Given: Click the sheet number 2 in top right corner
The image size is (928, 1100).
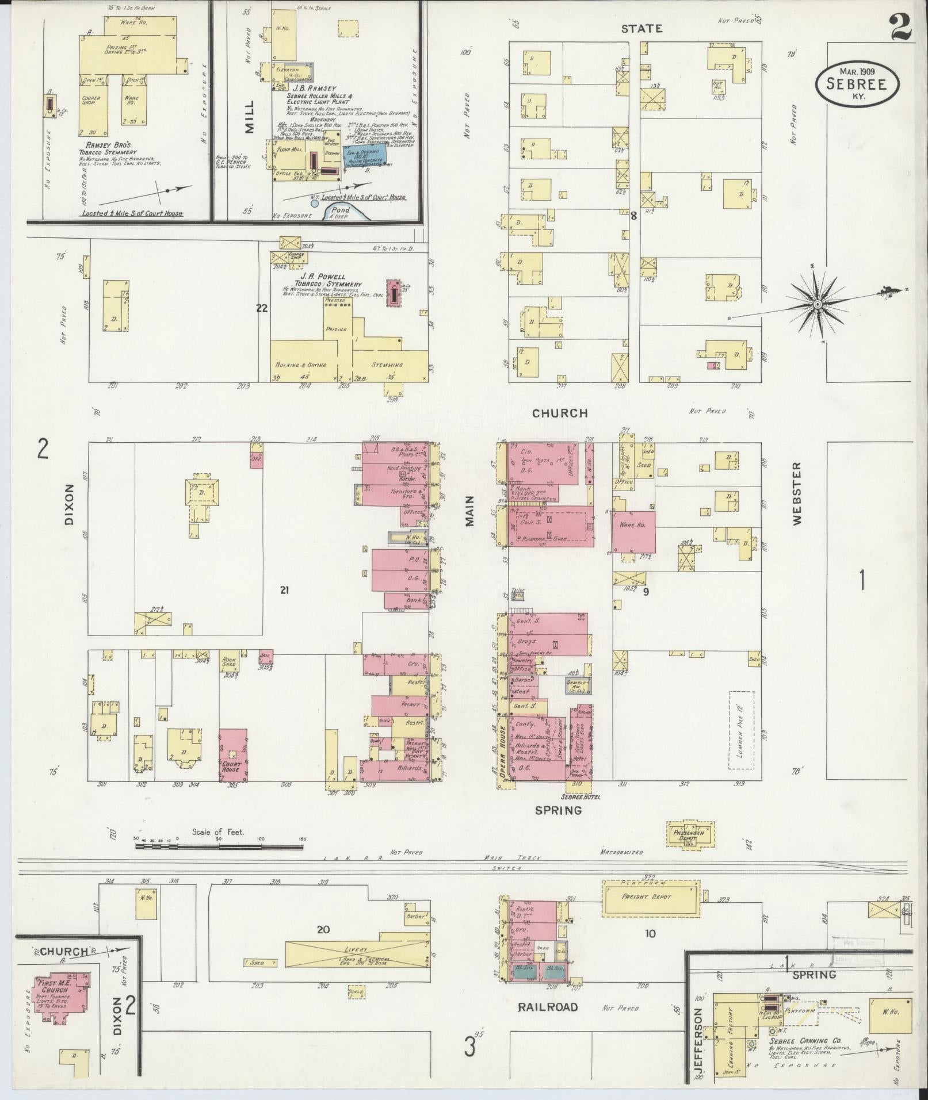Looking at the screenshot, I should (901, 27).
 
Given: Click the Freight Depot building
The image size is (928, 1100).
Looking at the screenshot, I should (650, 896).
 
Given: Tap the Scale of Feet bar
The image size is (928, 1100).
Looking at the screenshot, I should (219, 846).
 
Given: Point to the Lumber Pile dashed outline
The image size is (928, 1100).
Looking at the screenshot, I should (742, 730).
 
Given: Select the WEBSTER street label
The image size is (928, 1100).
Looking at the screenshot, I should (796, 495).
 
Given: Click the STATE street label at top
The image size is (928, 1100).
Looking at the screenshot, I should (641, 28).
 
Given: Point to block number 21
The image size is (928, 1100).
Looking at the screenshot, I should (284, 589).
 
